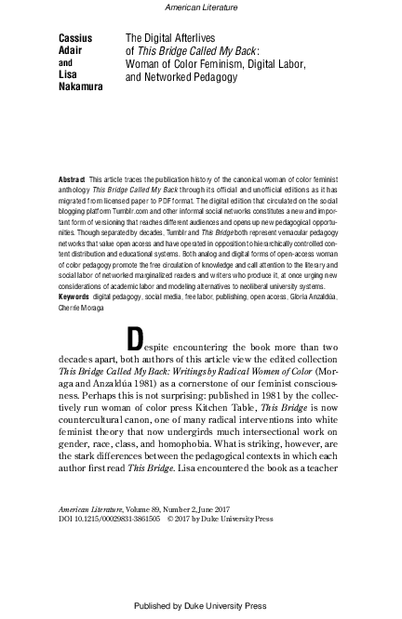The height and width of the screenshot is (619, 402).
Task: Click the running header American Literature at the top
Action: click(x=200, y=7)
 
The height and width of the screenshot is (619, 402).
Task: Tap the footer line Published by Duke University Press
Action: click(x=200, y=605)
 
